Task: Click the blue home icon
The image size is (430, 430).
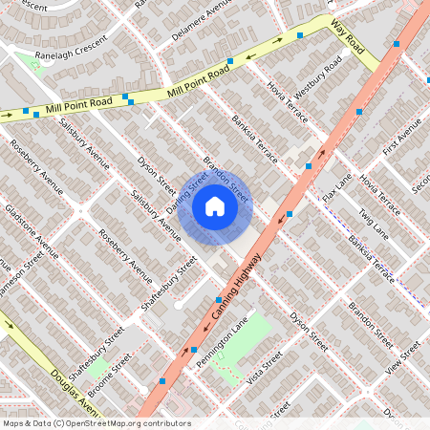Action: coord(215,204)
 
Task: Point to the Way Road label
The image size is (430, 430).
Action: coord(349,37)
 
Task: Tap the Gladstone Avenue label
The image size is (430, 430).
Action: coord(32,232)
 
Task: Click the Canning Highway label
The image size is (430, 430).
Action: coord(227,296)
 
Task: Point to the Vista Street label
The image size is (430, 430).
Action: coord(264,369)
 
